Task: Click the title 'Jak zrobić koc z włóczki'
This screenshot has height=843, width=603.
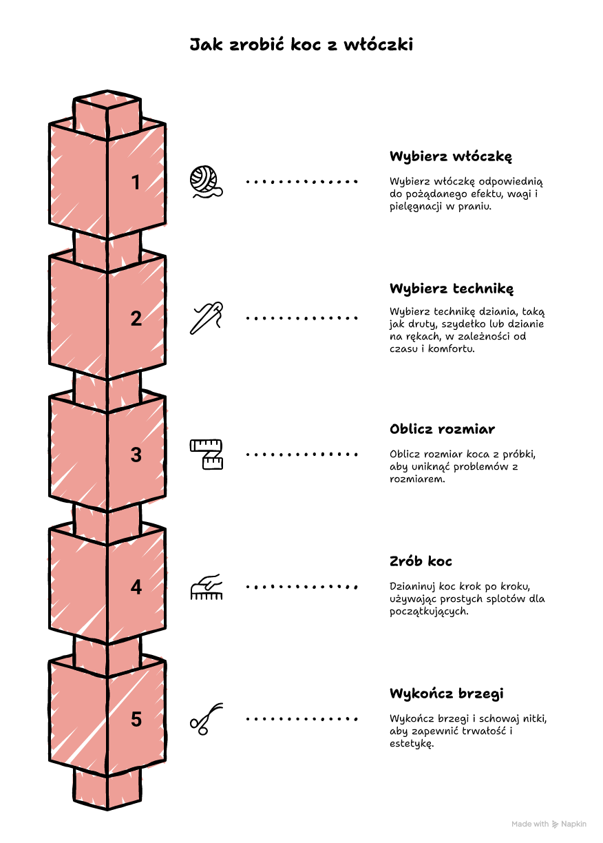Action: [x=301, y=44]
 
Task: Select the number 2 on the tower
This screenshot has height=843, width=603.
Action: [x=136, y=318]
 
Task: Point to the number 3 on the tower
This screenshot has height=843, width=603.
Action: [x=136, y=455]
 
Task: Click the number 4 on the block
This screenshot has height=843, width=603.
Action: [x=136, y=587]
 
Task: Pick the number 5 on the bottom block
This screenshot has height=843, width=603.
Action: [x=136, y=719]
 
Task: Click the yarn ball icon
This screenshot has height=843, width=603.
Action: [x=206, y=182]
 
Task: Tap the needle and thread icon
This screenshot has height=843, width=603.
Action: [x=206, y=318]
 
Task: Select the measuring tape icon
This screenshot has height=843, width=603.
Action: [x=206, y=455]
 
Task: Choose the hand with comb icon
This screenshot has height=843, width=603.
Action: [x=206, y=587]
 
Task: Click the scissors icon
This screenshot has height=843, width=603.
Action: [x=206, y=719]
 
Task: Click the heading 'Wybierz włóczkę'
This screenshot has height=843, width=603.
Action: [x=451, y=156]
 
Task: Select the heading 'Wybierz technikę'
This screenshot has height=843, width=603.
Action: [x=452, y=289]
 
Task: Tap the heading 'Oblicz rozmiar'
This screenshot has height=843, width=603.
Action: [x=442, y=429]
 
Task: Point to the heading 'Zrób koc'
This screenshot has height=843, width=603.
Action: [x=421, y=561]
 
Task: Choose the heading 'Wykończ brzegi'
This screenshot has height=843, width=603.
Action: [x=447, y=694]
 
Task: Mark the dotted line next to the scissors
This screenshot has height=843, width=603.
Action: [x=301, y=719]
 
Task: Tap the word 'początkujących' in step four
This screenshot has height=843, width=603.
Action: [x=429, y=612]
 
